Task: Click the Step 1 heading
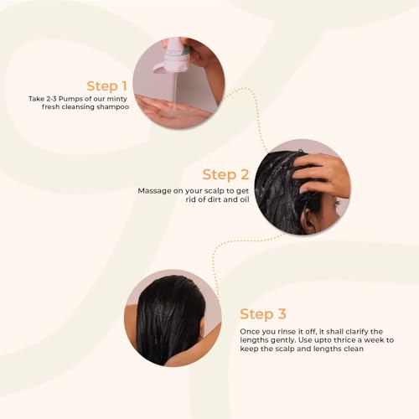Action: tap(107, 86)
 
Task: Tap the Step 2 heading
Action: tap(225, 174)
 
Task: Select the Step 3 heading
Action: tap(263, 314)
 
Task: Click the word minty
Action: tap(117, 99)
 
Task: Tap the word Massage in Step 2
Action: tap(154, 191)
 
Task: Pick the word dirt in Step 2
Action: tap(215, 199)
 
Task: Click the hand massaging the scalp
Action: tap(321, 173)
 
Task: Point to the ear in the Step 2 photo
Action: tap(308, 220)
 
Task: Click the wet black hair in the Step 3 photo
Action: tap(170, 318)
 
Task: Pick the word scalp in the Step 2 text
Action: tap(215, 192)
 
